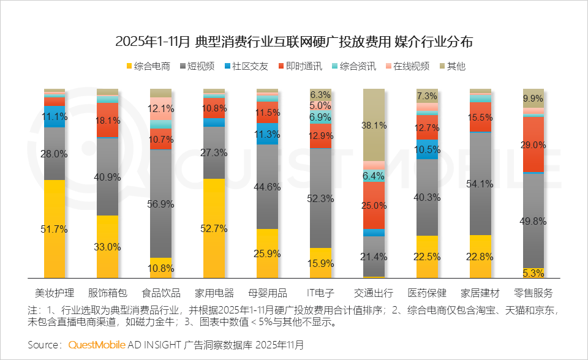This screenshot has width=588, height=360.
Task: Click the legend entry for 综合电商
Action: coord(147,66)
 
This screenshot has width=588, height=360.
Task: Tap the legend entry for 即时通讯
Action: coord(300,66)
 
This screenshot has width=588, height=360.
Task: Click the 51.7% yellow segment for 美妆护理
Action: coord(55,229)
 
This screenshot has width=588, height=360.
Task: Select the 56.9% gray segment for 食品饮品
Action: coord(161,203)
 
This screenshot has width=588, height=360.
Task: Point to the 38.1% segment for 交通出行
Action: coord(374,125)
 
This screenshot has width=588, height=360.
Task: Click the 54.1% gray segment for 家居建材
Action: coord(480,184)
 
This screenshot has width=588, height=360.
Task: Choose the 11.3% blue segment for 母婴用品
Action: coord(268,134)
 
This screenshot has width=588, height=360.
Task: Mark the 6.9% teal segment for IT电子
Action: coord(321,117)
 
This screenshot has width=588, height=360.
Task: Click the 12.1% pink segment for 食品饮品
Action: coord(161,108)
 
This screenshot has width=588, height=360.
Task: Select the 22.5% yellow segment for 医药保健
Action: coord(427,257)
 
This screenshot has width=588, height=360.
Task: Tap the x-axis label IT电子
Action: coord(321,292)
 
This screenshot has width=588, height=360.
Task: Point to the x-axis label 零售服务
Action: coord(533,292)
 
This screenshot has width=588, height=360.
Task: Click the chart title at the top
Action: coord(294,42)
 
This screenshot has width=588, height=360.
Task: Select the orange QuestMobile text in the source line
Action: coord(97,345)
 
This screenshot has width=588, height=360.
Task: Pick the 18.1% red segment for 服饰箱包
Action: coord(108,120)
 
